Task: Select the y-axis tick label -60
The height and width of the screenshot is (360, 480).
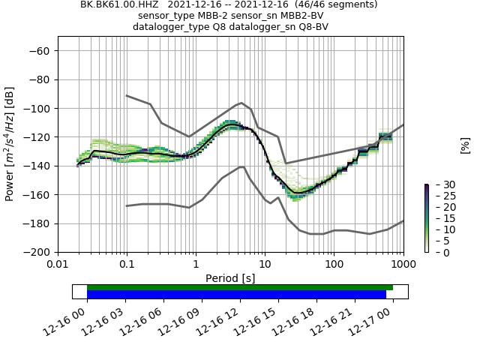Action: coord(41,51)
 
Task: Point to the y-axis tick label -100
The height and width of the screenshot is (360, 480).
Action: coord(38,109)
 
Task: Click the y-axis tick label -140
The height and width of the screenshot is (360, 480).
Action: coord(38,166)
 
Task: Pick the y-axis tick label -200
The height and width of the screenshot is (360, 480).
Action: coord(38,253)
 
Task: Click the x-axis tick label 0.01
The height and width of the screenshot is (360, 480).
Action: coord(58,265)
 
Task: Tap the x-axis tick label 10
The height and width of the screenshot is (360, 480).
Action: coord(265,265)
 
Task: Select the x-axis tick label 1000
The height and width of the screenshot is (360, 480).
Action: coord(403,265)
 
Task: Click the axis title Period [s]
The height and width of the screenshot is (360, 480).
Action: coord(230,277)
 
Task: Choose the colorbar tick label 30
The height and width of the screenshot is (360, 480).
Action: coord(439,184)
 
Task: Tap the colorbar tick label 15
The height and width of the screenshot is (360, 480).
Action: coord(439,218)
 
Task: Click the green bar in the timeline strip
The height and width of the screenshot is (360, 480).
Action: coord(240,287)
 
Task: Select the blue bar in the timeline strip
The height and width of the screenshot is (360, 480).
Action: coord(236,295)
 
